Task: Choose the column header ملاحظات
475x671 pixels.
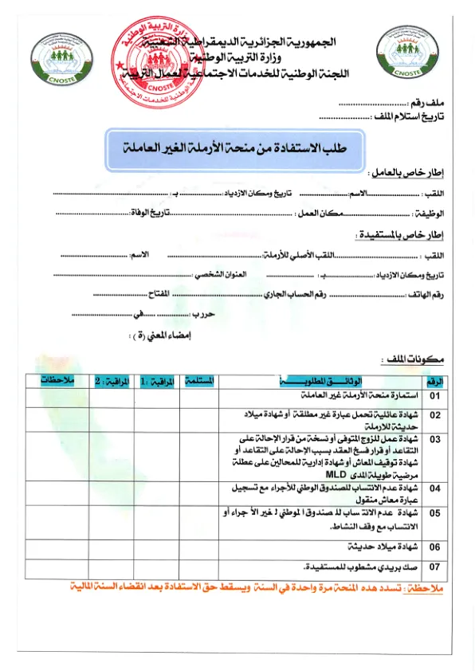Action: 57,381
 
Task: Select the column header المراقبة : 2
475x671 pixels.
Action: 111,381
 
